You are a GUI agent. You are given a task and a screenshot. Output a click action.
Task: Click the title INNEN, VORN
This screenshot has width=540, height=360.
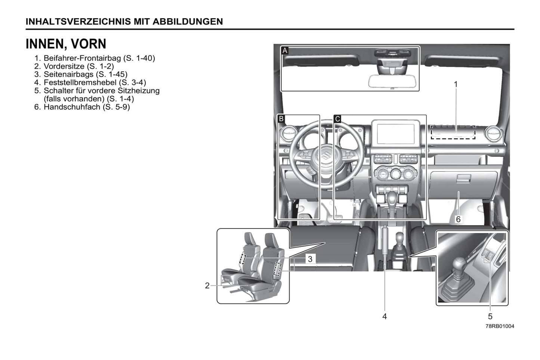click(66, 44)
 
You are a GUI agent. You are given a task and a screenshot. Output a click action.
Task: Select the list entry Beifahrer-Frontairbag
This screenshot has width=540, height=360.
click(82, 58)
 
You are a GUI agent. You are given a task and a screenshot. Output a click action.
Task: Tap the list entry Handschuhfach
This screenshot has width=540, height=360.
click(72, 107)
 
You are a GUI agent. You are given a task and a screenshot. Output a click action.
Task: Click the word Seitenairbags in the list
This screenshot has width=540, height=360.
click(68, 74)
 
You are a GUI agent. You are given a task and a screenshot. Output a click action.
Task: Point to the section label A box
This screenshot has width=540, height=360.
click(285, 51)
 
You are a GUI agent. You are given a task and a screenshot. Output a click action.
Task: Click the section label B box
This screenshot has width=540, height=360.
click(281, 119)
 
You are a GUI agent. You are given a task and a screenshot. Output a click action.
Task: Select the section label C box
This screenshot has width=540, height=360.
click(337, 119)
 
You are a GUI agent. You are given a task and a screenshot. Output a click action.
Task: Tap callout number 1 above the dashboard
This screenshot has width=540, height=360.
click(456, 84)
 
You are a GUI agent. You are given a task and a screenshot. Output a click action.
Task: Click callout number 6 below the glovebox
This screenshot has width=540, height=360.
click(458, 219)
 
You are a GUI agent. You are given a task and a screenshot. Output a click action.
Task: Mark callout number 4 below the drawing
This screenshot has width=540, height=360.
click(385, 316)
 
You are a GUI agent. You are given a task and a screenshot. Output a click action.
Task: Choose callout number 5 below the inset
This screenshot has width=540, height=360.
click(490, 316)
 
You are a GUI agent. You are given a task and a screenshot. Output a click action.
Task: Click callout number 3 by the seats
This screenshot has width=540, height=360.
click(310, 259)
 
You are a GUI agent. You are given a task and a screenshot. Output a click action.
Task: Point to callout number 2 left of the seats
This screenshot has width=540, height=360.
click(207, 286)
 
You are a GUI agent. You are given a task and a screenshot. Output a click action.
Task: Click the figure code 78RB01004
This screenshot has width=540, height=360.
click(500, 326)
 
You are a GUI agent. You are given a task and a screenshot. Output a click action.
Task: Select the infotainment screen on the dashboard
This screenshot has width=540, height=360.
click(396, 134)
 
